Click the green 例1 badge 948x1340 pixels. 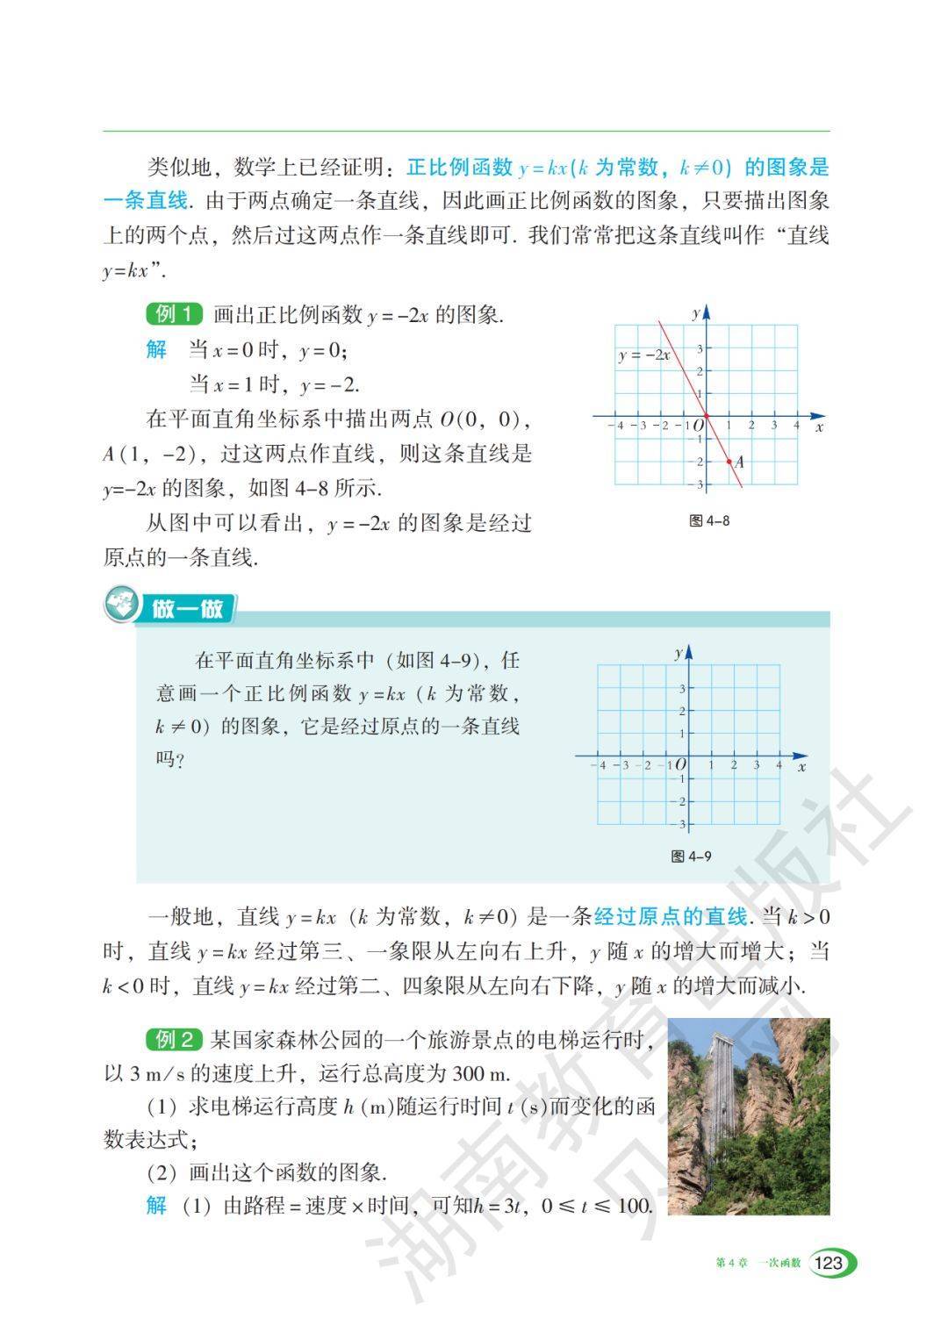click(174, 314)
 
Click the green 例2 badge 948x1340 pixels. click(174, 1040)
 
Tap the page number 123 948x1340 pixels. click(829, 1263)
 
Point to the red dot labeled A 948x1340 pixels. click(729, 461)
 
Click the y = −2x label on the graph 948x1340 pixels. click(644, 355)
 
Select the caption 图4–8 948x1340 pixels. click(709, 520)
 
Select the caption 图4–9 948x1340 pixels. click(691, 856)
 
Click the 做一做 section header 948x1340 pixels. click(188, 608)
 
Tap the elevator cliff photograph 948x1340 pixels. click(748, 1115)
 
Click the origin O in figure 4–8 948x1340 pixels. click(700, 426)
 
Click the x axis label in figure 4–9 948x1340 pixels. click(802, 767)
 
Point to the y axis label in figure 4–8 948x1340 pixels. click(695, 312)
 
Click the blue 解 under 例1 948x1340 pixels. click(156, 349)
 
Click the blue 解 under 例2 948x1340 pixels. click(156, 1205)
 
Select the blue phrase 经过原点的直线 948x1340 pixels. click(671, 917)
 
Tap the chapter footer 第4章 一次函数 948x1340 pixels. click(758, 1263)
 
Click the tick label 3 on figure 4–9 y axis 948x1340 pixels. click(682, 689)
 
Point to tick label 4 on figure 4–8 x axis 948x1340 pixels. click(796, 426)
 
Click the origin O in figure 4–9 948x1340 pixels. click(680, 766)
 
